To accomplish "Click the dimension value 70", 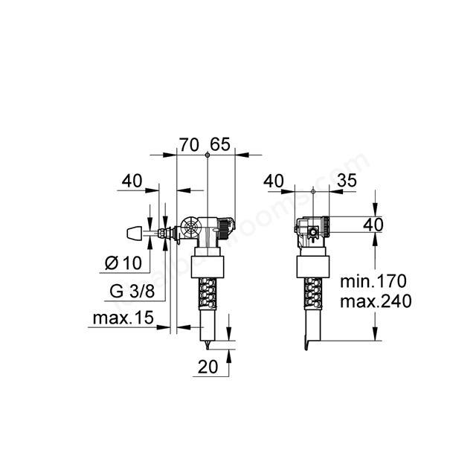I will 190,144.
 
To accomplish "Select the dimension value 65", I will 221,144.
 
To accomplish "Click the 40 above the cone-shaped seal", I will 132,181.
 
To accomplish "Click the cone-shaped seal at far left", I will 133,233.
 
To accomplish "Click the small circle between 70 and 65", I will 207,155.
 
